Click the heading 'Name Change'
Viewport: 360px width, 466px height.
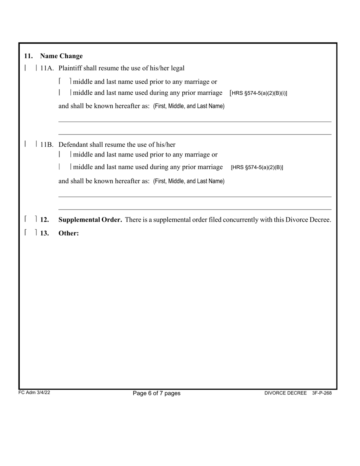61,56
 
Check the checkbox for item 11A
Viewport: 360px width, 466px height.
31,68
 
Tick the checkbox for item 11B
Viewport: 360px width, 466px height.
31,144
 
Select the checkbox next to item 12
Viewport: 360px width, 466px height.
31,219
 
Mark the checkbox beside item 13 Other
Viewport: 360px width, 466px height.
31,233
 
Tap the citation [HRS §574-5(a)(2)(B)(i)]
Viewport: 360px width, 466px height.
258,93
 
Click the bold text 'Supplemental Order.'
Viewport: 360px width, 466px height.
90,220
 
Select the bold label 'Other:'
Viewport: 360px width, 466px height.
69,233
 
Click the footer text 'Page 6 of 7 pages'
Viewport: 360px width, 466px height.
157,393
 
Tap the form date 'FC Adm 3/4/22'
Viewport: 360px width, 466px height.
34,393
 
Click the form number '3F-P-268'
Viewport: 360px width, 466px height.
322,393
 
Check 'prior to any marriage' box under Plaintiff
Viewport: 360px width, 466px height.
65,81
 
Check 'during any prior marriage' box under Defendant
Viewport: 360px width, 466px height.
65,167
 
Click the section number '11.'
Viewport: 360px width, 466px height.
28,56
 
